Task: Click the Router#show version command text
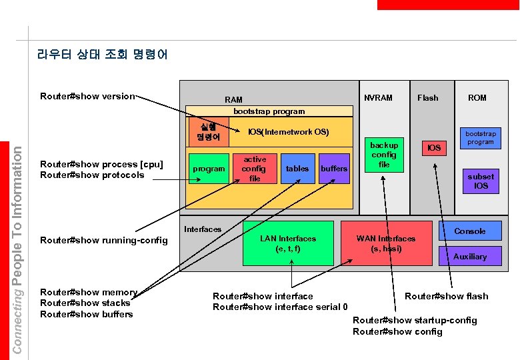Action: (87, 96)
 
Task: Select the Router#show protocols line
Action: (92, 175)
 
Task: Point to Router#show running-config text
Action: (104, 240)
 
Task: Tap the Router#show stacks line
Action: (85, 303)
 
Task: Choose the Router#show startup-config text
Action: (415, 320)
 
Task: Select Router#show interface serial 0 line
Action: (280, 307)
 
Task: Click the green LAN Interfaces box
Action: (288, 243)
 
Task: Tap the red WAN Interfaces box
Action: (385, 243)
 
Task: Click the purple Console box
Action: (469, 231)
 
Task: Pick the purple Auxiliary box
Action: (469, 256)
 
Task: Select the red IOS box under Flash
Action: (434, 147)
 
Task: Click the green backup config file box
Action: (384, 155)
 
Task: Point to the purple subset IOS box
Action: (481, 181)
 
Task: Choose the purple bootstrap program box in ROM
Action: (480, 137)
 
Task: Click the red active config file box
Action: (255, 169)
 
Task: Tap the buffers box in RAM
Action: (334, 169)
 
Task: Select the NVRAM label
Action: (378, 97)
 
